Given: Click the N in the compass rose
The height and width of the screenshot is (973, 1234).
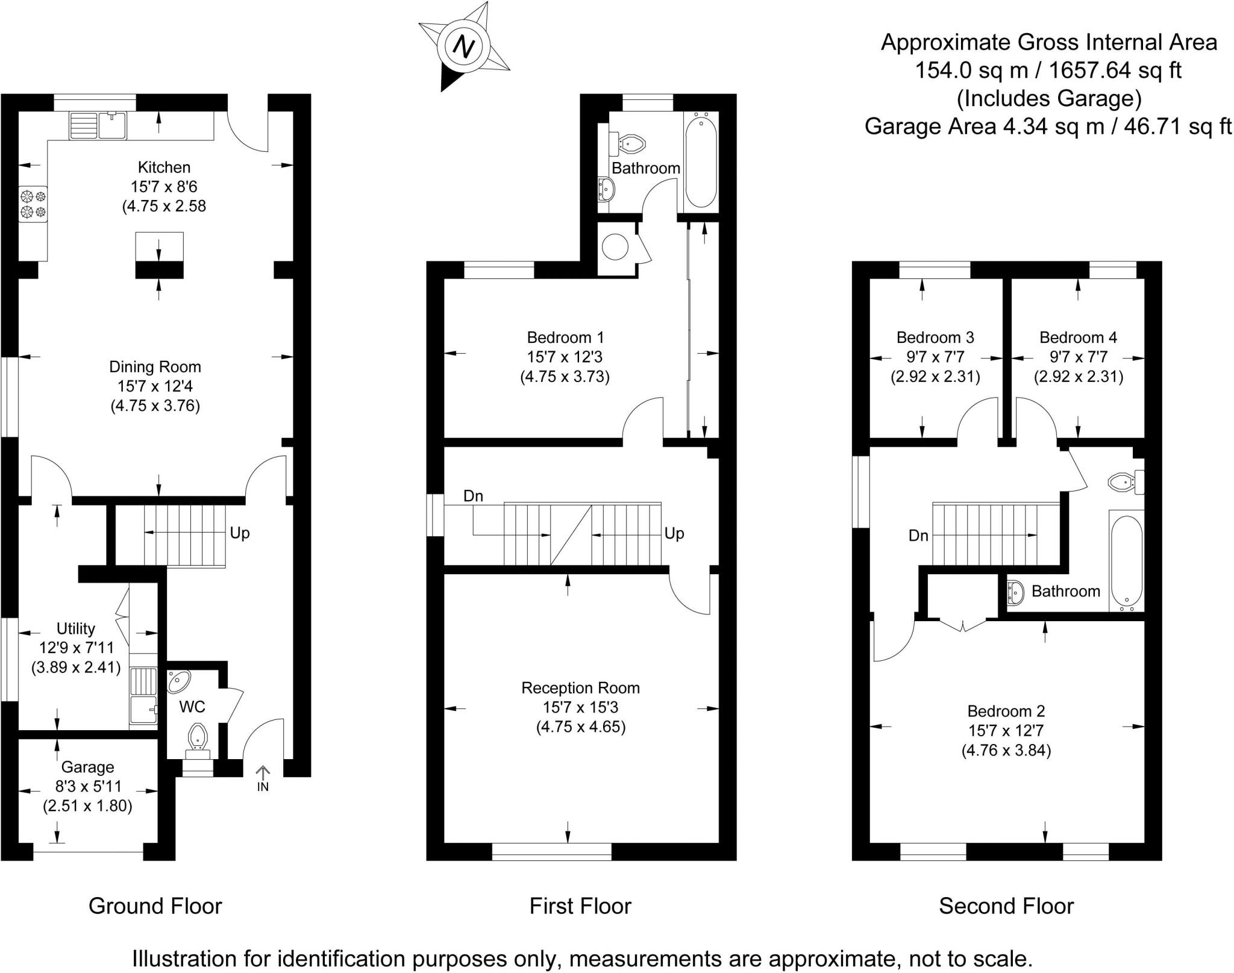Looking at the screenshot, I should click(x=463, y=46).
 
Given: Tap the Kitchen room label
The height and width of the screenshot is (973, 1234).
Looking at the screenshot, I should click(x=164, y=167).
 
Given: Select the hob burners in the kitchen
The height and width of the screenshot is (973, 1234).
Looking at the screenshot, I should click(x=33, y=204).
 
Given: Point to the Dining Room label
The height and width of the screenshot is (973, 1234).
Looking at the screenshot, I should click(x=155, y=366).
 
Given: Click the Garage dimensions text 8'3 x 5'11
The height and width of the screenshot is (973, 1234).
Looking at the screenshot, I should click(x=87, y=786).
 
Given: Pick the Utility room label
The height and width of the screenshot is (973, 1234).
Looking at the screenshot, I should click(x=75, y=628).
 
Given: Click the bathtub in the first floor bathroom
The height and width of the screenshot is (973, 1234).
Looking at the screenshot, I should click(x=701, y=162).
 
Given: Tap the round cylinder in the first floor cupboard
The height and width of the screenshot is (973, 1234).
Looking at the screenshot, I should click(x=615, y=247).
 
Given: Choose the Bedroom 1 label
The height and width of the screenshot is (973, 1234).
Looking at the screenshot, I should click(x=565, y=337).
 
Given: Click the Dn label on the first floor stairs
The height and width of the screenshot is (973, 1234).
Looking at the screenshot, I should click(x=473, y=496).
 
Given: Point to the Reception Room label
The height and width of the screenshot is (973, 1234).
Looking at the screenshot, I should click(x=580, y=687).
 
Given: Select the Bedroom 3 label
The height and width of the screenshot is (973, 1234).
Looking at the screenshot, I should click(x=935, y=337).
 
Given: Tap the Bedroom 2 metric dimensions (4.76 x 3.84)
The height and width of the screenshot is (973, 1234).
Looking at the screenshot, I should click(x=1006, y=751).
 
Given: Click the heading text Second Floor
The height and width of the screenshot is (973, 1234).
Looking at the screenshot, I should click(x=1006, y=906).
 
